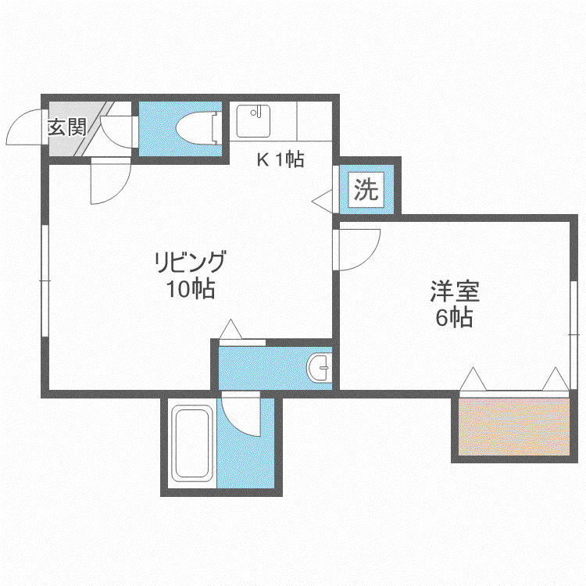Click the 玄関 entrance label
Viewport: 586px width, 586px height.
coord(67,127)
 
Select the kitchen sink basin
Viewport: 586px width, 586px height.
coord(253,121)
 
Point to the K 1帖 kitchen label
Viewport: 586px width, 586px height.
coord(280,159)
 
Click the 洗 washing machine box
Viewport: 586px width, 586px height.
coord(366,190)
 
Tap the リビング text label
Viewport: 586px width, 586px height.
coord(191,261)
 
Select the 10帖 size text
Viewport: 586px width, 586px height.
coord(191,289)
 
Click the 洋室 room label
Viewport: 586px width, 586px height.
coord(455,291)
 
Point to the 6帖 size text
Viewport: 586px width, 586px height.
coord(455,318)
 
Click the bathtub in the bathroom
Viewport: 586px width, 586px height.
coord(192,443)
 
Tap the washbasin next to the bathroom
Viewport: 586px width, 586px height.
coord(319,368)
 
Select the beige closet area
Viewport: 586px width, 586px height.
coord(514,427)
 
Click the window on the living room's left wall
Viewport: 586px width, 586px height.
coord(45,280)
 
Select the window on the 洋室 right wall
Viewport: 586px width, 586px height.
coord(574,335)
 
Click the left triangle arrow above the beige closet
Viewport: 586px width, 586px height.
coord(473,379)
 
